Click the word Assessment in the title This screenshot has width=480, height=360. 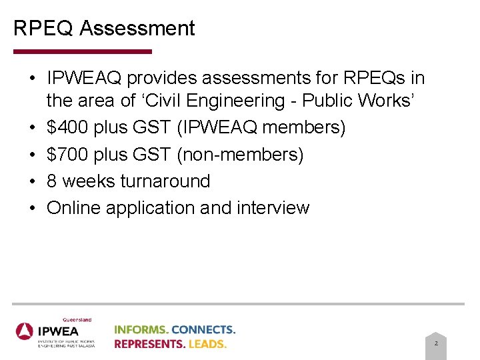point(137,29)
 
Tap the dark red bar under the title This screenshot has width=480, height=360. point(82,51)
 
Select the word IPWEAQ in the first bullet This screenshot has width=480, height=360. point(84,79)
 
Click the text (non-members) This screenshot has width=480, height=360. point(240,155)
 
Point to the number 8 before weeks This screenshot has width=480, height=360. point(51,181)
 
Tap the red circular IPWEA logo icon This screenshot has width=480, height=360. point(25,331)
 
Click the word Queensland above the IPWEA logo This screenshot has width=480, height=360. point(77,319)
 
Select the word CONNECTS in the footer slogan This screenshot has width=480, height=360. point(205,329)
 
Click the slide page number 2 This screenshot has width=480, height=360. point(436,343)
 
